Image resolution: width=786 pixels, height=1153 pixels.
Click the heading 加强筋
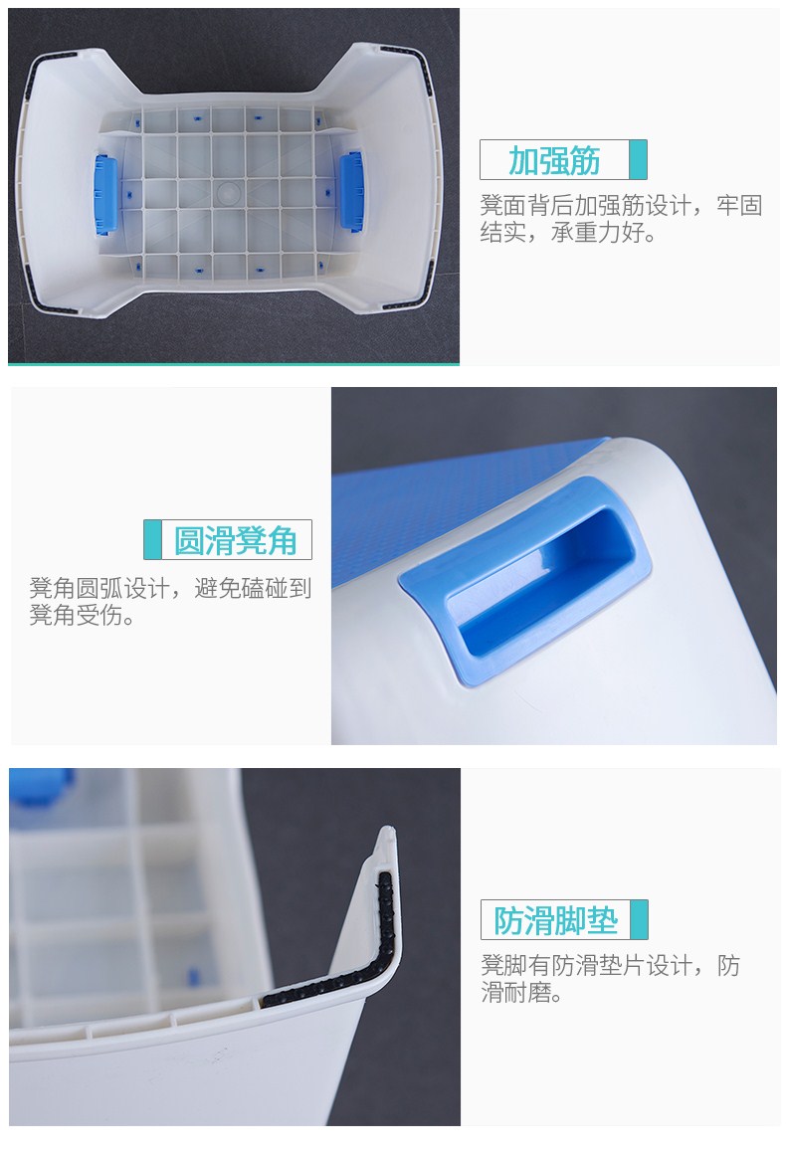pyautogui.click(x=554, y=160)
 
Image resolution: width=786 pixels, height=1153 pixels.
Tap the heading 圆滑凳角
pyautogui.click(x=235, y=540)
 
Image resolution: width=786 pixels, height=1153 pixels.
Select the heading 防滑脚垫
pyautogui.click(x=556, y=920)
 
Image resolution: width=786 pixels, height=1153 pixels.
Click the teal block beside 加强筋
pyautogui.click(x=638, y=159)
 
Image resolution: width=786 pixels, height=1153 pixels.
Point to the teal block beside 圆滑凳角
pyautogui.click(x=152, y=540)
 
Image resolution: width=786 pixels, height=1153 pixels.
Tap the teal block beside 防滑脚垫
pyautogui.click(x=639, y=919)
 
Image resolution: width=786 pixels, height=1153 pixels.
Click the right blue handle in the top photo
pyautogui.click(x=352, y=191)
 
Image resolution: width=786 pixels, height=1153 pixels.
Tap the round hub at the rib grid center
pyautogui.click(x=229, y=193)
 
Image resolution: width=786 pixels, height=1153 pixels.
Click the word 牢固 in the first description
pyautogui.click(x=739, y=206)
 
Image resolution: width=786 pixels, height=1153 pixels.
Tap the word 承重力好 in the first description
pyautogui.click(x=598, y=233)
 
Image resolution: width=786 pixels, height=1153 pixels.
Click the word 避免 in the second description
pyautogui.click(x=218, y=588)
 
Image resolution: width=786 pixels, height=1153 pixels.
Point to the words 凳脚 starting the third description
pyautogui.click(x=504, y=966)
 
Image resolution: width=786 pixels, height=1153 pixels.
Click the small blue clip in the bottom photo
pyautogui.click(x=193, y=977)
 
